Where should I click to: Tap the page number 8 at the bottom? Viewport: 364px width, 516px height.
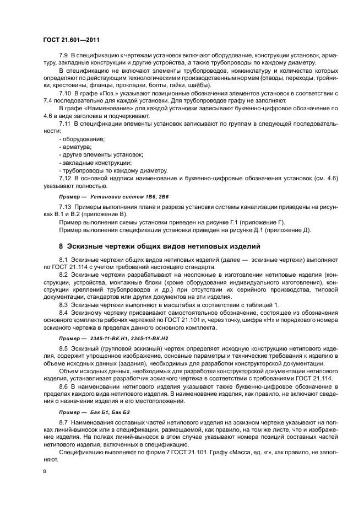tap(45, 472)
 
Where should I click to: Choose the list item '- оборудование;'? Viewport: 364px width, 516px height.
tap(82, 139)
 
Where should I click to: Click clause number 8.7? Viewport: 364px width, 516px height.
tap(64, 421)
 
